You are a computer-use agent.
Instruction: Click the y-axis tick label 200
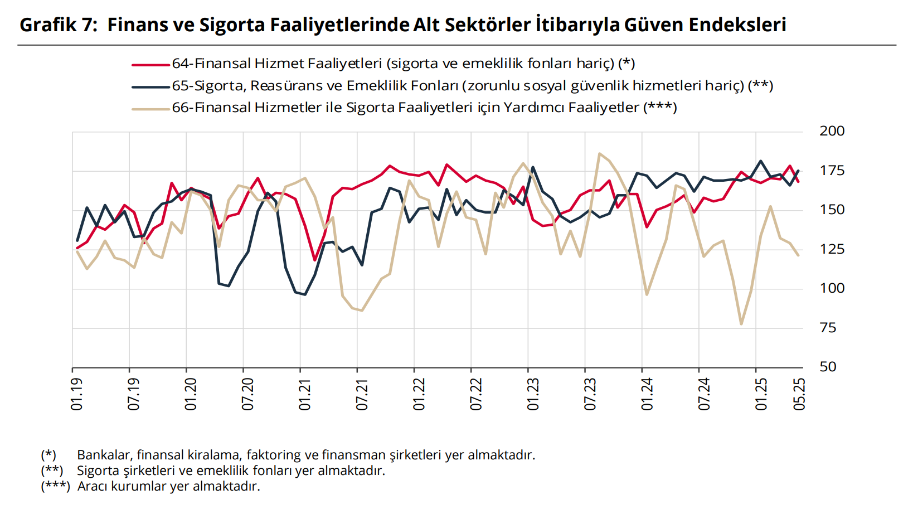(x=832, y=131)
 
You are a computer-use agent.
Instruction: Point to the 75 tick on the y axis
(x=828, y=328)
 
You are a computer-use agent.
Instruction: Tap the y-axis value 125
(x=832, y=249)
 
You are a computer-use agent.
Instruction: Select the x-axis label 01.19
(x=77, y=394)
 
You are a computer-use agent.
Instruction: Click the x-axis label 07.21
(x=362, y=394)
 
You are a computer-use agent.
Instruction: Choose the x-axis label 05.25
(x=800, y=394)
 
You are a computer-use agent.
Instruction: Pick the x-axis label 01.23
(x=533, y=394)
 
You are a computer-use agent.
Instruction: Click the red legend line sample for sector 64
(x=150, y=65)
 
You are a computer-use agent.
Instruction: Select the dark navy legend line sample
(x=150, y=87)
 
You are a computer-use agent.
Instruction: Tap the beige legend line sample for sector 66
(x=150, y=109)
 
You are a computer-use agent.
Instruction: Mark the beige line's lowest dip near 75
(x=741, y=323)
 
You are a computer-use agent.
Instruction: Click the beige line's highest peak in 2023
(x=599, y=153)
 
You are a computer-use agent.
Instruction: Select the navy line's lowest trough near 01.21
(x=305, y=294)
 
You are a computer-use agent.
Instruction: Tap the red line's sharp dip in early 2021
(x=315, y=260)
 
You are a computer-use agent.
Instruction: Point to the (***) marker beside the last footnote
(x=55, y=486)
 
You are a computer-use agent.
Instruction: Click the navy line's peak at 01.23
(x=533, y=167)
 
